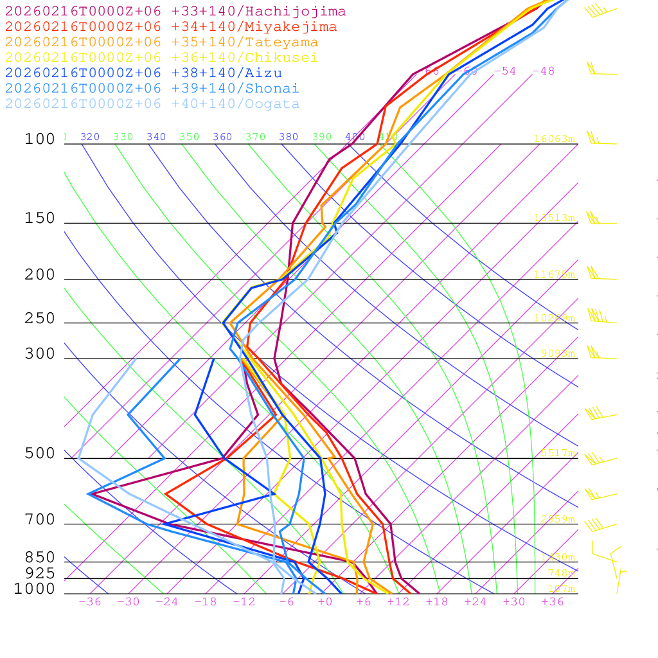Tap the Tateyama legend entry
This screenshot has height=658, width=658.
(161, 42)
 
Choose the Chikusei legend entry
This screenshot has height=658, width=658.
(161, 58)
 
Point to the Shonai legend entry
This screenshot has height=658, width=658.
(152, 89)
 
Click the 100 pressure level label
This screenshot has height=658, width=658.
(40, 139)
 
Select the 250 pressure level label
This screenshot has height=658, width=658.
(40, 319)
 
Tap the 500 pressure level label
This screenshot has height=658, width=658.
(40, 454)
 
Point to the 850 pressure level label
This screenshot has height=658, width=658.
(40, 558)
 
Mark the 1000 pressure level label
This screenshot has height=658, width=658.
(34, 589)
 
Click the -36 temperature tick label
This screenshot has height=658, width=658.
(89, 602)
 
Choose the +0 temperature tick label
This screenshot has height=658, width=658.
(325, 602)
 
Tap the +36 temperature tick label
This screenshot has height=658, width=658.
(553, 602)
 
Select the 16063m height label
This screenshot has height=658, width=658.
(555, 139)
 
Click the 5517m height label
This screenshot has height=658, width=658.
(557, 453)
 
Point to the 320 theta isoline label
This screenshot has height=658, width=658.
(90, 137)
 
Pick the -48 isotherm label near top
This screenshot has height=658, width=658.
(544, 71)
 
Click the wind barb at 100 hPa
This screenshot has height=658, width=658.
(600, 140)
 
